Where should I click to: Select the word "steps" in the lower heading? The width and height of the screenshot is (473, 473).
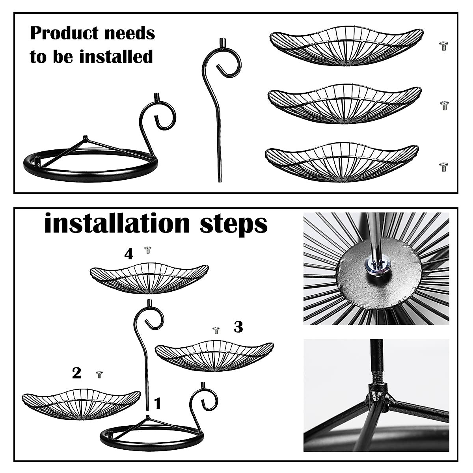(x=233, y=224)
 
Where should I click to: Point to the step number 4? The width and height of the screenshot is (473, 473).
(x=129, y=254)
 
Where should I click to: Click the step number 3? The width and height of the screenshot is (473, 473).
(x=238, y=327)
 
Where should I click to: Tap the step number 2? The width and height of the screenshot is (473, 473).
(x=76, y=373)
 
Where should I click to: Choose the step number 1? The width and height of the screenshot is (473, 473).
(x=158, y=403)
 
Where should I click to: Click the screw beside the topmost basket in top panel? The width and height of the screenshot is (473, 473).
(x=443, y=47)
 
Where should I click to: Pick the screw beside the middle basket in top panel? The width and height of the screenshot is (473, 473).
(x=444, y=105)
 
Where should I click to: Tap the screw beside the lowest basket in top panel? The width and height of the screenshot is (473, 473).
(x=443, y=166)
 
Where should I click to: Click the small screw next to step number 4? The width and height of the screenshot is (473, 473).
(x=148, y=250)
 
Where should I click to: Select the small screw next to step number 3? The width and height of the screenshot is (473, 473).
(x=216, y=330)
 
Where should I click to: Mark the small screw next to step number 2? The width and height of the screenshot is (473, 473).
(x=99, y=374)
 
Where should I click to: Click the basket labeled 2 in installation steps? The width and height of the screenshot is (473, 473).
(x=81, y=404)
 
